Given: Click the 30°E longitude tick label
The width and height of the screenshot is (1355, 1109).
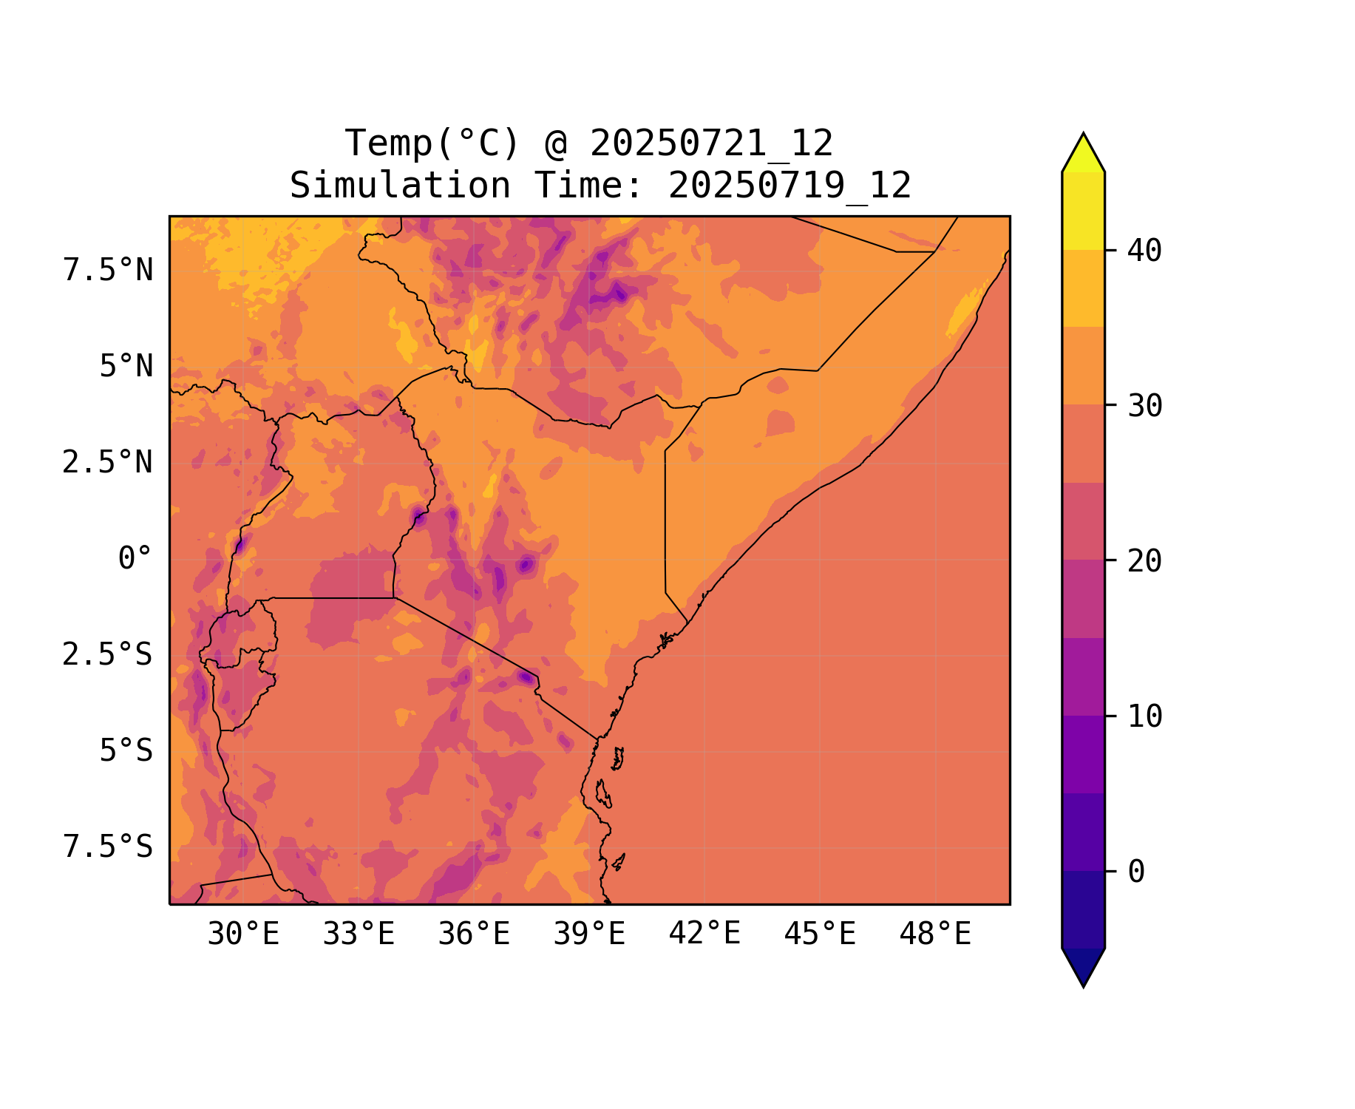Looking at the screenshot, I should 243,935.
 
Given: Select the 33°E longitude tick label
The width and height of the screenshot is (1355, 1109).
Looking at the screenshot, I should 359,935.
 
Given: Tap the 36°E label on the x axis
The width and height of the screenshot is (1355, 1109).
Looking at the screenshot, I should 474,935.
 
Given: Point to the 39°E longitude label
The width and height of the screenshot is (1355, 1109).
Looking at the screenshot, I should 589,935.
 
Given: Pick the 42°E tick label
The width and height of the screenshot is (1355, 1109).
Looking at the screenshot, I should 704,934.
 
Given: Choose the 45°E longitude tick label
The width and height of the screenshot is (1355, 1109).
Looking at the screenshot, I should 820,935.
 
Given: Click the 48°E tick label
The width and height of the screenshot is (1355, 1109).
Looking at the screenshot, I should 935,935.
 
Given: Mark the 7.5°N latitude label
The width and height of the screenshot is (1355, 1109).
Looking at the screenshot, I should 108,271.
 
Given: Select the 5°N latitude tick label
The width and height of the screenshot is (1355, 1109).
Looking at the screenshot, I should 126,367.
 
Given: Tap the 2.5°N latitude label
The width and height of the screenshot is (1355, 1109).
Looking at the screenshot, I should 108,463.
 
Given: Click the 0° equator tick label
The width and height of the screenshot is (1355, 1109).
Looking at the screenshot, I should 135,559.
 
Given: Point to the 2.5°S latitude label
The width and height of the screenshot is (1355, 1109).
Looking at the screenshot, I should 108,655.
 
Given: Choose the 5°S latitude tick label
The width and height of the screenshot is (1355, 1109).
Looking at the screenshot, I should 126,751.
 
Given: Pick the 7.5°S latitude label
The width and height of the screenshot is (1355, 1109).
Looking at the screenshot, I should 108,847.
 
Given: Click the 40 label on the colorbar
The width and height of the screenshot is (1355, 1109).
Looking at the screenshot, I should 1145,251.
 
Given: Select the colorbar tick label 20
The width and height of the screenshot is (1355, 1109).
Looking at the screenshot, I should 1145,561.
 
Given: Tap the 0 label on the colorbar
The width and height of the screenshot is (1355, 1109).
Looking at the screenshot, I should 1136,872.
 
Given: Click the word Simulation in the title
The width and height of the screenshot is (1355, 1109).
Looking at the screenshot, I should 400,186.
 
